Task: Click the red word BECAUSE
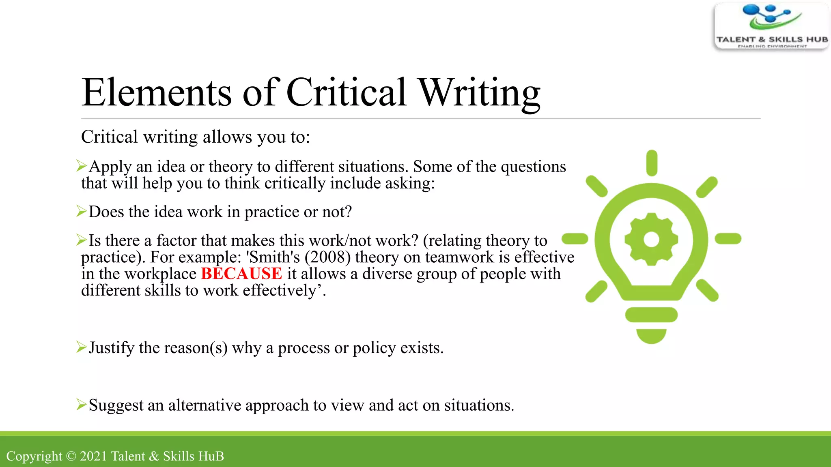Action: click(x=241, y=274)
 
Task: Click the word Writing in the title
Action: click(x=479, y=93)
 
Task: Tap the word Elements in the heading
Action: click(x=157, y=93)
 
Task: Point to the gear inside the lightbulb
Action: click(x=651, y=239)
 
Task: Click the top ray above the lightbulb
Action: click(x=652, y=163)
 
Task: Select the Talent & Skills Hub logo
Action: click(x=771, y=26)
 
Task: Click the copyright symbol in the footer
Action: click(x=71, y=456)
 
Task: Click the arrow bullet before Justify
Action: click(x=82, y=347)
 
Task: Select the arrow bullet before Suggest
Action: click(x=82, y=404)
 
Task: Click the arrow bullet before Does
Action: click(x=82, y=211)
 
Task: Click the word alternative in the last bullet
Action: click(x=205, y=405)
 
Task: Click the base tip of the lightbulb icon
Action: click(x=651, y=336)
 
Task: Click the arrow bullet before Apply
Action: click(x=82, y=165)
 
